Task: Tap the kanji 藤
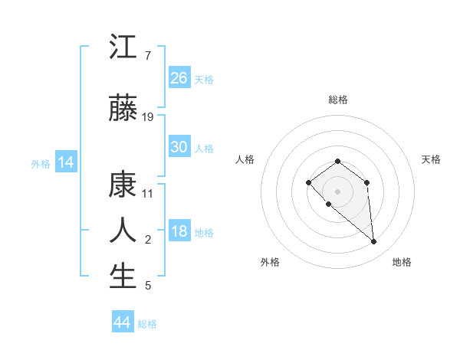pos(123,108)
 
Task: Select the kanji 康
pos(123,185)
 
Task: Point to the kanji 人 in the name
pos(123,231)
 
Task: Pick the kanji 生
pos(123,277)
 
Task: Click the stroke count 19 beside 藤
pos(148,116)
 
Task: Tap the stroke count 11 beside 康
pos(148,193)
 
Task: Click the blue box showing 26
pos(179,78)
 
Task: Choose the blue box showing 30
pos(179,147)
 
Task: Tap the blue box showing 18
pos(179,232)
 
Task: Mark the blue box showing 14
pos(65,162)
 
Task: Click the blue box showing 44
pos(122,322)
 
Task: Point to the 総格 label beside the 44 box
pos(147,324)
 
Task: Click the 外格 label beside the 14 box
pos(41,163)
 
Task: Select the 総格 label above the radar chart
pos(337,100)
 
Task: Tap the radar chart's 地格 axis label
pos(402,262)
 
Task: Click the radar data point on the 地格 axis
pos(374,242)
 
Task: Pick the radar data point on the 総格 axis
pos(337,161)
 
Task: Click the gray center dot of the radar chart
pos(337,191)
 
